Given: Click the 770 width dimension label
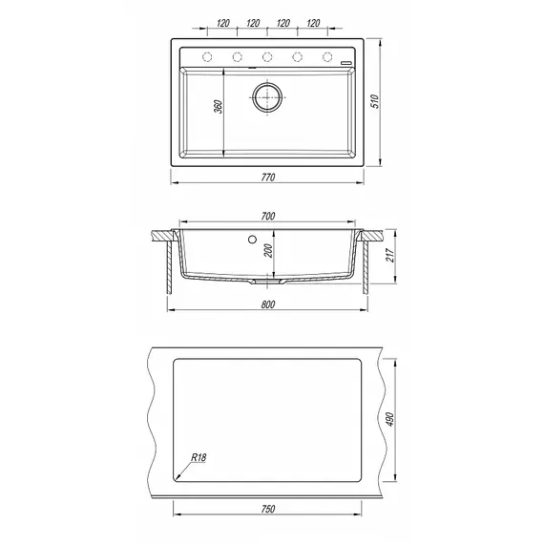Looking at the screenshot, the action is coord(268,178).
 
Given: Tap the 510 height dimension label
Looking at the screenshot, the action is coord(376,101).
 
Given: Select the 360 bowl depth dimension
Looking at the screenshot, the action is coord(218,107).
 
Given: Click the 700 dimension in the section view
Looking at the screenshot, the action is coord(268,216).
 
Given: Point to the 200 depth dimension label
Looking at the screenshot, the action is coord(268,250).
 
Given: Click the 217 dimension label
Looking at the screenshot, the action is coord(389,256).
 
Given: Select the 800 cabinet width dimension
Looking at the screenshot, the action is coord(268,304).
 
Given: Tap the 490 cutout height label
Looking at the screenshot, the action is coord(389,419).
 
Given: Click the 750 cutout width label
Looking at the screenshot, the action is coord(268,509).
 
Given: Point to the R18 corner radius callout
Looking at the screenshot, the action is coord(199,457).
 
